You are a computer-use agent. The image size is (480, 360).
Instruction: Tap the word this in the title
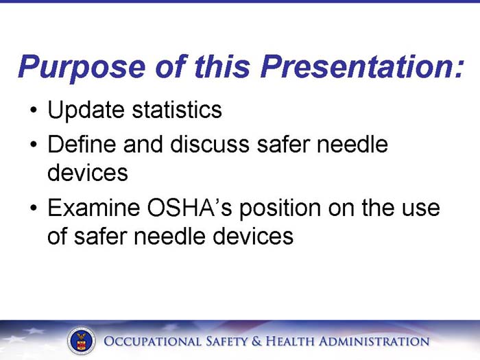pos(221,67)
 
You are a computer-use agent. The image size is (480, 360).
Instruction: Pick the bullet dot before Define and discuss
pos(33,146)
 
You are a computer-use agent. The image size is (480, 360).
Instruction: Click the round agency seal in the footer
pos(82,341)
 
